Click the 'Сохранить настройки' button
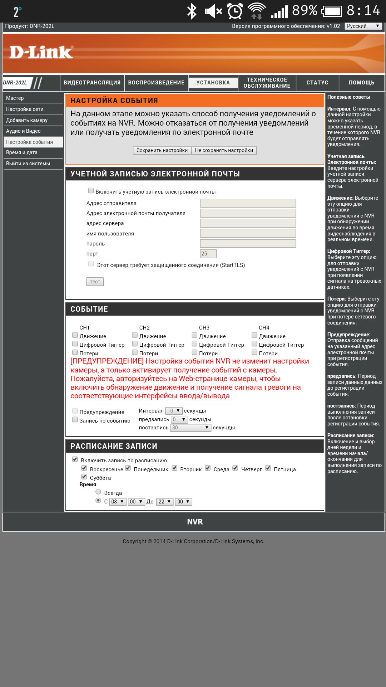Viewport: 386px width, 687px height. point(162,150)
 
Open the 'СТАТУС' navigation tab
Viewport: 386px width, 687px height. point(317,83)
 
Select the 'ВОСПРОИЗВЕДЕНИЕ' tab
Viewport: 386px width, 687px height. point(156,83)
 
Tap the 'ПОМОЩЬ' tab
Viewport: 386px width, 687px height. point(361,83)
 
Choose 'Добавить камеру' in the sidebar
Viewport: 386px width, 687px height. point(27,120)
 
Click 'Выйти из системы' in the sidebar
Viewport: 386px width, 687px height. point(28,164)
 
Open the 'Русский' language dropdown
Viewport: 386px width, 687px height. point(363,26)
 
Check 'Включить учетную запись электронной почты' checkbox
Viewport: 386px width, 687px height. point(91,191)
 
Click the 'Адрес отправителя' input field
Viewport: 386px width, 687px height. point(248,203)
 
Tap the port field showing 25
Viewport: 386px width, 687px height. point(208,254)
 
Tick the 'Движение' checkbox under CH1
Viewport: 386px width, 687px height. point(75,335)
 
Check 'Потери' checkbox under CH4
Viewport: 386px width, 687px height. point(254,352)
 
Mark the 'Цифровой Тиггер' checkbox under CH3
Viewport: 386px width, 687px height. point(195,344)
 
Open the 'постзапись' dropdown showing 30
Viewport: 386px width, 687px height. point(190,428)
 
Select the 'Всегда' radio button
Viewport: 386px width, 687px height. point(98,492)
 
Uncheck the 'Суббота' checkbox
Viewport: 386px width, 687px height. point(84,477)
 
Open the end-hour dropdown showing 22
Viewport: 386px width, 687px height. point(165,502)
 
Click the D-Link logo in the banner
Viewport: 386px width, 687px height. point(41,52)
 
